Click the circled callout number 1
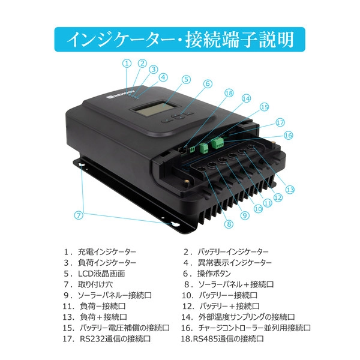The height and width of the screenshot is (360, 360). pyautogui.click(x=127, y=62)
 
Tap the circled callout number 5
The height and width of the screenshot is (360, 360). pyautogui.click(x=186, y=79)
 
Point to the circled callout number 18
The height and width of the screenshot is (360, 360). pyautogui.click(x=229, y=93)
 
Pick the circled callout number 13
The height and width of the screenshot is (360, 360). pyautogui.click(x=290, y=190)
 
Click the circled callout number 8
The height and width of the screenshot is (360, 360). pyautogui.click(x=229, y=224)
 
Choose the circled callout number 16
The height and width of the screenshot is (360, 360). pyautogui.click(x=288, y=136)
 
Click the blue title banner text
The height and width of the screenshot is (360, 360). pyautogui.click(x=179, y=39)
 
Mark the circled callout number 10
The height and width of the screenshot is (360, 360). pyautogui.click(x=257, y=209)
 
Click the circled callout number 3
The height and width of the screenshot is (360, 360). pyautogui.click(x=153, y=69)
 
